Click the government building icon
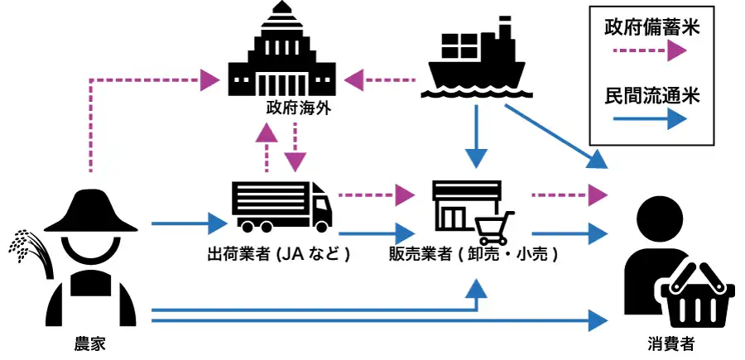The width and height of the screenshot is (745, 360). pyautogui.click(x=281, y=58)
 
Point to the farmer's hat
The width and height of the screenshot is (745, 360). pyautogui.click(x=89, y=211)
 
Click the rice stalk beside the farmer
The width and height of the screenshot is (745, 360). pyautogui.click(x=25, y=248)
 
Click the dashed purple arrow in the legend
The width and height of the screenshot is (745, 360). pyautogui.click(x=651, y=51)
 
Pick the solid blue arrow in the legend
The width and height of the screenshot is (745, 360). pyautogui.click(x=651, y=119)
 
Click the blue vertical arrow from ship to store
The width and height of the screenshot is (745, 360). pyautogui.click(x=475, y=137)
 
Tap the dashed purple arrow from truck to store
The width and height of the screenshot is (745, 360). pyautogui.click(x=376, y=196)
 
